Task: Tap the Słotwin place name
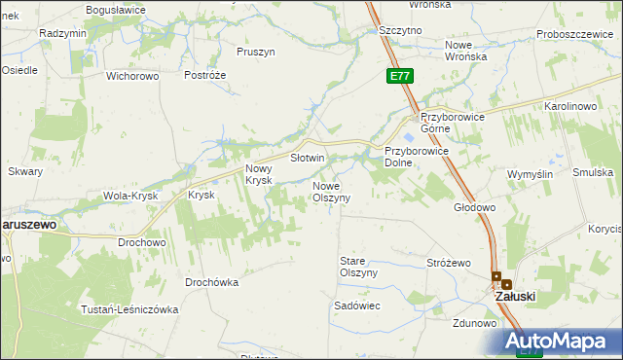307,158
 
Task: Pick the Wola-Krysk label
130,196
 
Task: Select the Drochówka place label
211,282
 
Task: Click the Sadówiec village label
356,306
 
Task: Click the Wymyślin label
531,174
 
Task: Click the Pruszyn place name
256,51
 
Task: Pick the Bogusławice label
115,9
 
